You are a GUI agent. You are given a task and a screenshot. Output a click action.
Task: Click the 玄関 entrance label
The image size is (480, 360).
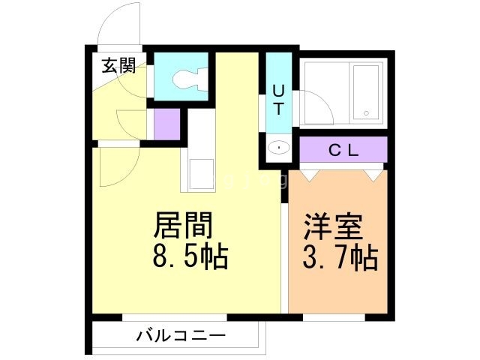pyautogui.click(x=118, y=66)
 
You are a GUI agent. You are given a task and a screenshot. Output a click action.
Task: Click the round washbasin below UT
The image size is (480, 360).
pyautogui.click(x=279, y=148)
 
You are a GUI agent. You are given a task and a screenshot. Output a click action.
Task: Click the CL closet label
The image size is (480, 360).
pyautogui.click(x=344, y=149)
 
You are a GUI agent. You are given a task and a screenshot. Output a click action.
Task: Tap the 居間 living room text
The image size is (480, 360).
pyautogui.click(x=184, y=224)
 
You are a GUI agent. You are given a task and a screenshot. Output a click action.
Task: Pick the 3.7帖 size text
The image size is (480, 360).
pyautogui.click(x=339, y=258)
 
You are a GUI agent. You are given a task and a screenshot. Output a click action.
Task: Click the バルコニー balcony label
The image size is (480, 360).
pyautogui.click(x=180, y=334)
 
